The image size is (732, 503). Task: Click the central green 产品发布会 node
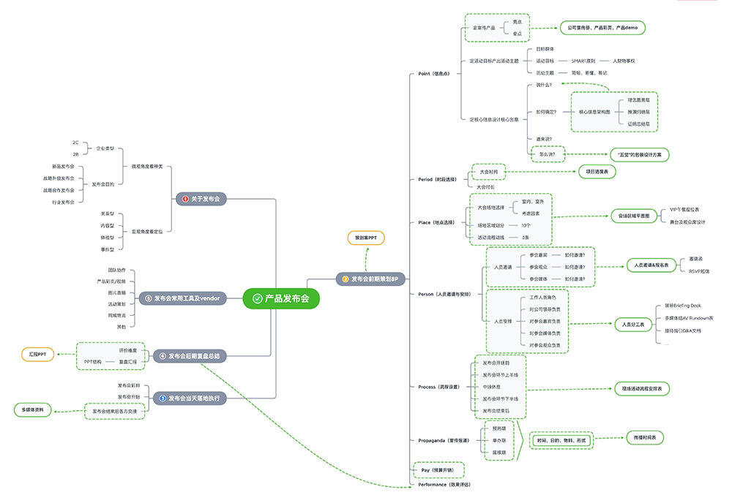click(281, 298)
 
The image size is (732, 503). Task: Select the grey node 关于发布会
click(201, 198)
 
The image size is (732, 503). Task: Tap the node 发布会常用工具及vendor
click(183, 298)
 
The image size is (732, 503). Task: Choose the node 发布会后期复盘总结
click(190, 356)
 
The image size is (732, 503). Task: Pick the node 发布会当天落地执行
click(190, 398)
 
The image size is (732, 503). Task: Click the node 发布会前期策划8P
click(370, 279)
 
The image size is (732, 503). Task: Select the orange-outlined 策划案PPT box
click(365, 238)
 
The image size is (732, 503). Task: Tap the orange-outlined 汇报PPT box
click(37, 354)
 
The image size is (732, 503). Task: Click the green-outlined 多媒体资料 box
click(34, 410)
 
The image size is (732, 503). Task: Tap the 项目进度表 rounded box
click(597, 172)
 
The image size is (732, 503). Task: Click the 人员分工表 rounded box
click(634, 324)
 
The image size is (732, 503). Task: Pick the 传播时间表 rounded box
click(645, 438)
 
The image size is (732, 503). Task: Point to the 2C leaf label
click(75, 143)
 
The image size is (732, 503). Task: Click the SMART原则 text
click(583, 61)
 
